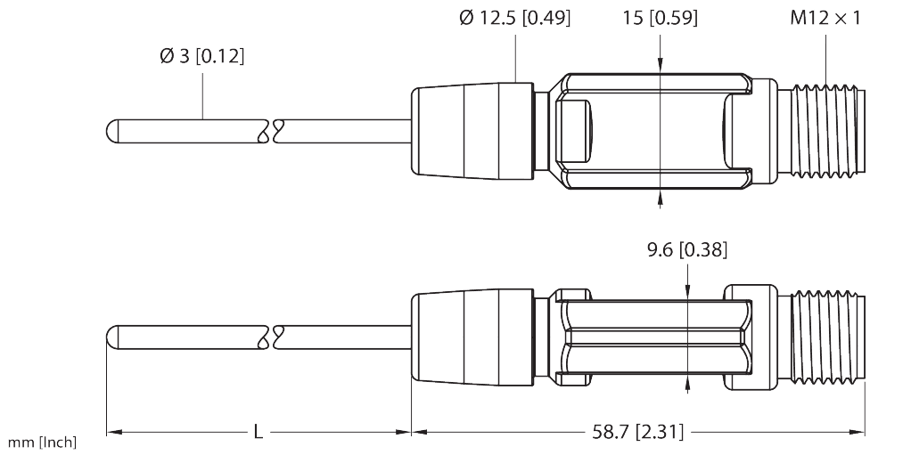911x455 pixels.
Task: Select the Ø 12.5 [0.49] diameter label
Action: [x=515, y=18]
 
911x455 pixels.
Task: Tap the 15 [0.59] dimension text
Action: [x=660, y=18]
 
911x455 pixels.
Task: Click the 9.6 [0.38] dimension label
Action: [x=686, y=251]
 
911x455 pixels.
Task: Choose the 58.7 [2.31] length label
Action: [x=638, y=433]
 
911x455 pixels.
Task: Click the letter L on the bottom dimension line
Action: [x=258, y=433]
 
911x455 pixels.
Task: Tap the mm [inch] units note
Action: [x=42, y=443]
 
